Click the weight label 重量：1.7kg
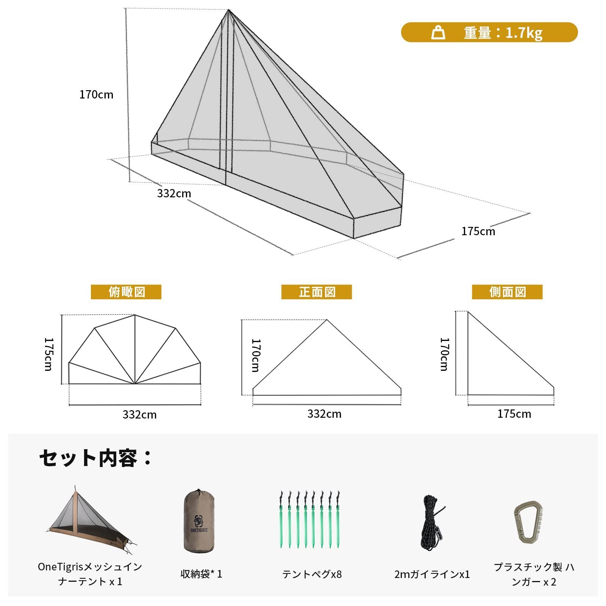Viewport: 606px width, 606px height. pos(503,33)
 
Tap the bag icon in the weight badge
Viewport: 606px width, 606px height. pos(438,33)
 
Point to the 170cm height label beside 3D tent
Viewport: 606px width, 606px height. pos(96,94)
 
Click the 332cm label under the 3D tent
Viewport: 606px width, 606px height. pos(174,193)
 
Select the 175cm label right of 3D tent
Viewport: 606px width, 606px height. pos(478,231)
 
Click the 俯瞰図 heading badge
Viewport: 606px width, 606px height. pos(126,292)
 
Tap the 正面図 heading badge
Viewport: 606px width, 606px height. pos(317,292)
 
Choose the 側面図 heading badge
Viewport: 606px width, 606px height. pos(507,292)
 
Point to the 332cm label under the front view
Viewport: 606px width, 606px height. pos(324,414)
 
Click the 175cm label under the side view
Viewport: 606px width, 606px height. pos(514,414)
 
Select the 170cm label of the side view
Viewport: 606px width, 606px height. pos(444,354)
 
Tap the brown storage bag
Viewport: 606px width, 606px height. pos(199,520)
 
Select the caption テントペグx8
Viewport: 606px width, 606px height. pos(312,574)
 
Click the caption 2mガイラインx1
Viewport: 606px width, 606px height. pos(432,574)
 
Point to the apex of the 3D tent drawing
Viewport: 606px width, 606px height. pos(228,10)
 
